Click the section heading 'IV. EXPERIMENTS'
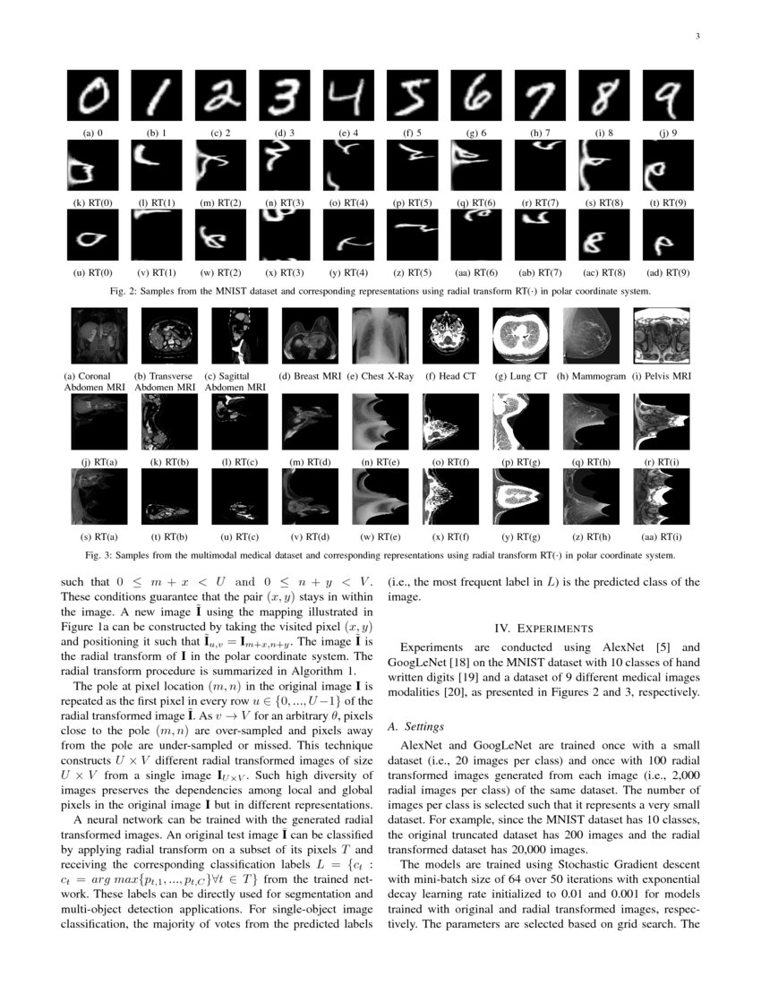click(x=545, y=629)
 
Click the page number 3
click(x=697, y=37)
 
